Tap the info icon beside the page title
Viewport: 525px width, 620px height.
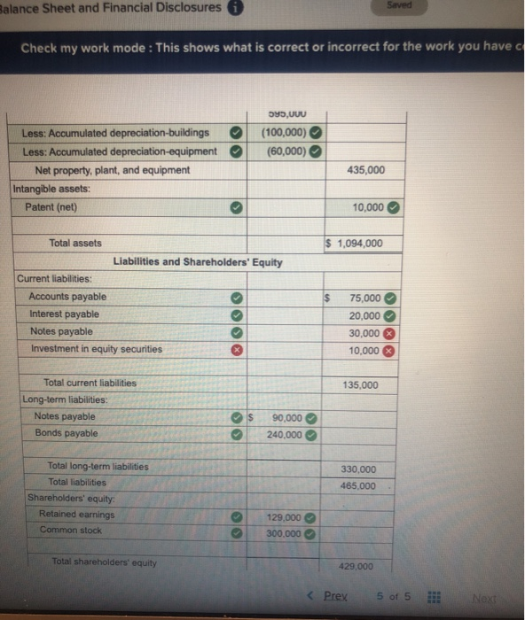(x=237, y=9)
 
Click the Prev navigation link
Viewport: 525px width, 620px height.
(x=334, y=595)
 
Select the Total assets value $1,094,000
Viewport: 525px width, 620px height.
(x=357, y=244)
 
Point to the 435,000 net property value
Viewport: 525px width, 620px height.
(x=366, y=170)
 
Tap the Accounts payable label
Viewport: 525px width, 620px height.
(x=67, y=297)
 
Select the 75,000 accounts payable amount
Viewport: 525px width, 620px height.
(x=365, y=298)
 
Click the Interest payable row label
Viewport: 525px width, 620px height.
(x=64, y=314)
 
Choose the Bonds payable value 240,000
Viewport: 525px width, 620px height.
(x=284, y=435)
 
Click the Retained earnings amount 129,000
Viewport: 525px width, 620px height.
(x=284, y=516)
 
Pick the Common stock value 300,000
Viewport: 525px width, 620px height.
(x=284, y=533)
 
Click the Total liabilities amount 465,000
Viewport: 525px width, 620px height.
(x=357, y=485)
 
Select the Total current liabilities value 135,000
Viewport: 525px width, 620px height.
(x=359, y=385)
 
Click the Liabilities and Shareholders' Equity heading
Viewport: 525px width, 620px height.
(x=198, y=262)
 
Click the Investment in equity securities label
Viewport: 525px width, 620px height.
(x=97, y=349)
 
